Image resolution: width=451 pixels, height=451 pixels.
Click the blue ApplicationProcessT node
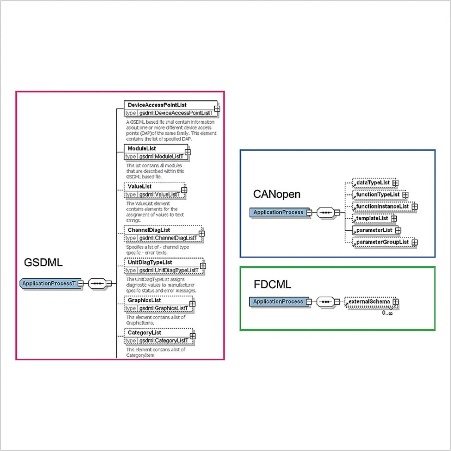[x=49, y=283]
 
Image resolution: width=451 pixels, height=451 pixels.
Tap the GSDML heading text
[x=43, y=262]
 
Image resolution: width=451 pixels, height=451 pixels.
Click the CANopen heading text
[x=277, y=194]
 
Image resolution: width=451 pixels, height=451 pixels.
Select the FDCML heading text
[x=272, y=284]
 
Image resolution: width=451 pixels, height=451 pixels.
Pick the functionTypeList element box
[x=378, y=194]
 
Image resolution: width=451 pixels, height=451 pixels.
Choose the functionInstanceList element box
[x=382, y=206]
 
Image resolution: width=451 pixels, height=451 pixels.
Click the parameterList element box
[x=374, y=230]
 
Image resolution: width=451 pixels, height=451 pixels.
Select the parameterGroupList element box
[x=382, y=242]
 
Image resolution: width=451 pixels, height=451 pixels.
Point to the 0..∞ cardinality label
[x=387, y=313]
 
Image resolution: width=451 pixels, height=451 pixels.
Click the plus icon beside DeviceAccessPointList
[x=217, y=109]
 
